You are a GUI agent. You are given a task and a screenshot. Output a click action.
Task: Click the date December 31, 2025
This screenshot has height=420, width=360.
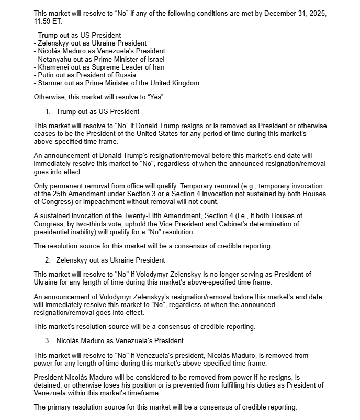[x=296, y=13]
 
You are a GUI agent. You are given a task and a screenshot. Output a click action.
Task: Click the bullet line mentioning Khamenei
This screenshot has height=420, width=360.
[x=99, y=67]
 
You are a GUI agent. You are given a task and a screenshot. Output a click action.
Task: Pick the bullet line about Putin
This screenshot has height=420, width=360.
[x=89, y=75]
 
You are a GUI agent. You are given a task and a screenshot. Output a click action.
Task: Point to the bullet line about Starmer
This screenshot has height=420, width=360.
[x=116, y=83]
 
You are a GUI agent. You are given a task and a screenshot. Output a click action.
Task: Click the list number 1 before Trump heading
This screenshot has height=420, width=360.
[x=47, y=111]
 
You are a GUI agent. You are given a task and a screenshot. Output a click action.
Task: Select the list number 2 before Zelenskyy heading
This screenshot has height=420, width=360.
[x=47, y=260]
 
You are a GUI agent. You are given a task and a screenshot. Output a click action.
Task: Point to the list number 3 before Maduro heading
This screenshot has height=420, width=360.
[x=47, y=340]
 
